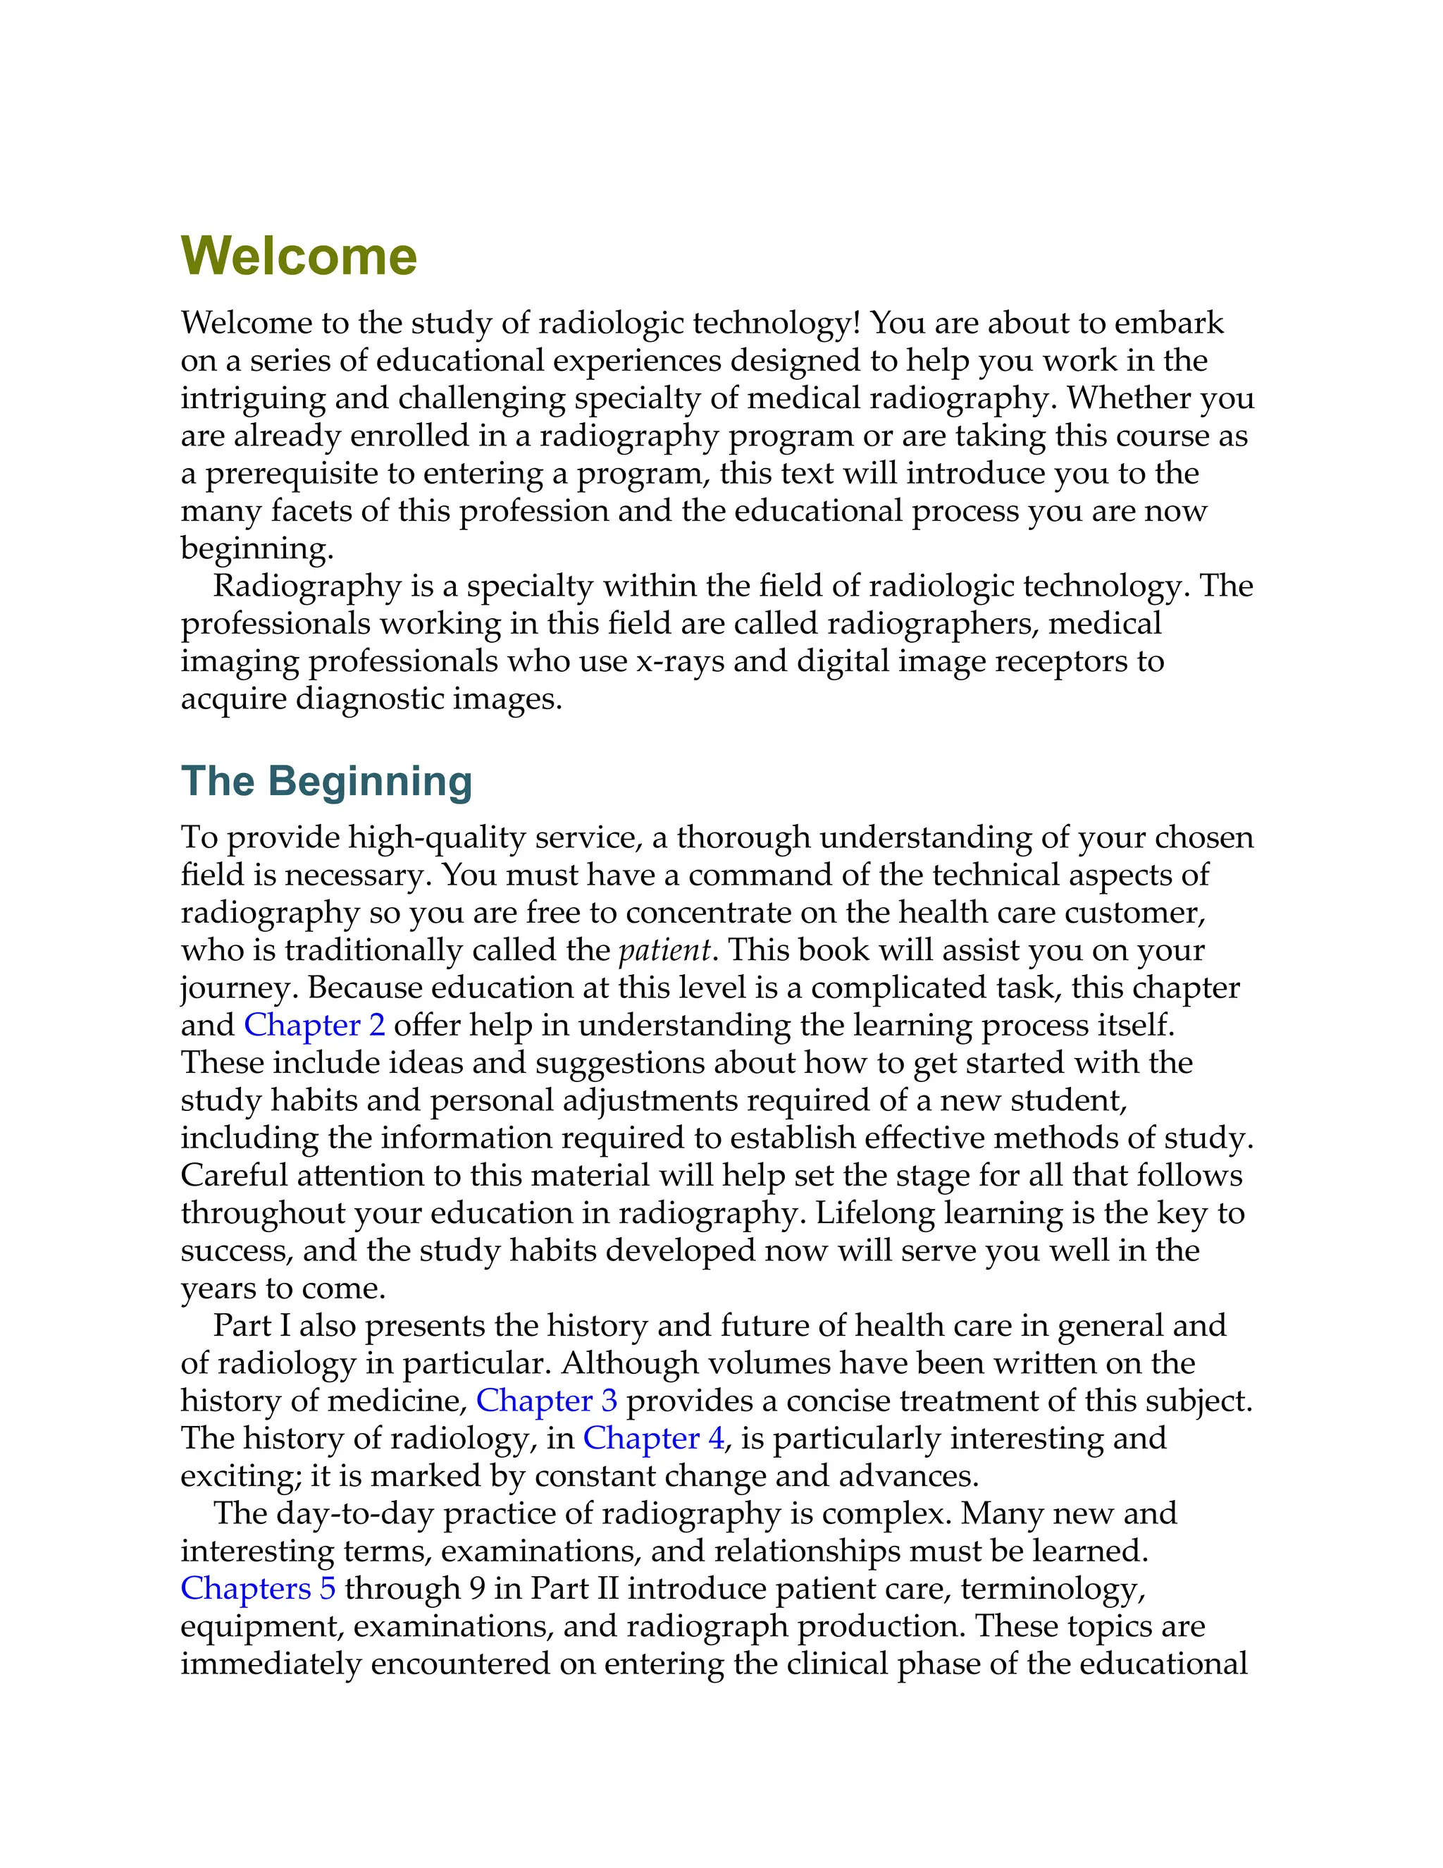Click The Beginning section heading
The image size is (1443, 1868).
coord(326,781)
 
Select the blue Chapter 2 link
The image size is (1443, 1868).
coord(314,1025)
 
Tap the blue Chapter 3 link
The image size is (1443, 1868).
coord(546,1400)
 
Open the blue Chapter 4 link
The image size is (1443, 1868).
coord(653,1438)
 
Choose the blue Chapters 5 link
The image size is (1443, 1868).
coord(258,1588)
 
